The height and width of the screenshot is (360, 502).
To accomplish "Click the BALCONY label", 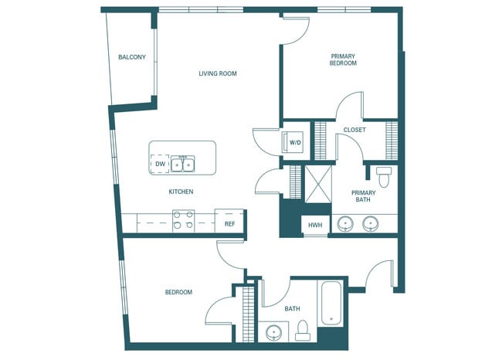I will click(x=132, y=57).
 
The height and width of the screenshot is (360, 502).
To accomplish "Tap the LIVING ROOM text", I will click(x=217, y=74).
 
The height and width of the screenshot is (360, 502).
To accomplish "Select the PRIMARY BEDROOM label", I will click(x=344, y=59).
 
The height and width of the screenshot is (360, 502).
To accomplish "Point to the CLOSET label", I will click(x=354, y=130).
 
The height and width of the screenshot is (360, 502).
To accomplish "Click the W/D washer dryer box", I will click(x=295, y=143).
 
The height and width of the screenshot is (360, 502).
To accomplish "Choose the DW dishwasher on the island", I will click(x=160, y=164).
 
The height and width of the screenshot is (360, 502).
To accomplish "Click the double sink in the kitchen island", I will click(x=183, y=164).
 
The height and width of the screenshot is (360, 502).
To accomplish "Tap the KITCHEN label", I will click(x=181, y=192).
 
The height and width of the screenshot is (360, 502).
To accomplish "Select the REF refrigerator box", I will click(x=229, y=223).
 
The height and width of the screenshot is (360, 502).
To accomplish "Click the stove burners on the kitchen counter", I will click(x=183, y=220).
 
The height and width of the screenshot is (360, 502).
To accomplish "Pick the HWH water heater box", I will click(x=314, y=225).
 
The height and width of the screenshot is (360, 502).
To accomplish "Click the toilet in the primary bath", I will click(x=384, y=172).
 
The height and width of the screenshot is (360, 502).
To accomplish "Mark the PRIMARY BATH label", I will click(x=363, y=196).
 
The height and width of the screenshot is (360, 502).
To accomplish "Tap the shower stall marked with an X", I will click(x=317, y=184).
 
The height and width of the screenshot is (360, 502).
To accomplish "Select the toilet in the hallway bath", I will click(x=304, y=330).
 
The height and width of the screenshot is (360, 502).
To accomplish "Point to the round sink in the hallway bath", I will click(x=273, y=333).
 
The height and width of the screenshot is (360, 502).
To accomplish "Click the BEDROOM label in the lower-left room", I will click(x=178, y=292).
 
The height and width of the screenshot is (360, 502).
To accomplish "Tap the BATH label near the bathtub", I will click(x=292, y=309).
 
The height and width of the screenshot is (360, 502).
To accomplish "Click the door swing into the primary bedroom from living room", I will click(x=296, y=29).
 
